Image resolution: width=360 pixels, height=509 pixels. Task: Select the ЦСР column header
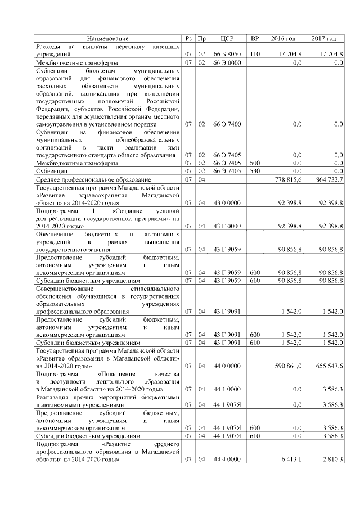tap(227, 38)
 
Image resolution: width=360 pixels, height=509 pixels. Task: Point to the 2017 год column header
tap(323, 38)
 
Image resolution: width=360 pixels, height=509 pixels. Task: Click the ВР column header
tap(254, 38)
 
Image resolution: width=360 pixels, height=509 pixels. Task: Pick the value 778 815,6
tap(289, 179)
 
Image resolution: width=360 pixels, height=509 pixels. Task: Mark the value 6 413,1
tap(292, 459)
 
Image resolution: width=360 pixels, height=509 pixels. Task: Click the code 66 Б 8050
tap(227, 53)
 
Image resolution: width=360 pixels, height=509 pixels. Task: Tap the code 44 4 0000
tap(227, 459)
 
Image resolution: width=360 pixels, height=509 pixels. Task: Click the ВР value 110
tap(254, 53)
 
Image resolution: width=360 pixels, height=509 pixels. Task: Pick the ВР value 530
tap(254, 170)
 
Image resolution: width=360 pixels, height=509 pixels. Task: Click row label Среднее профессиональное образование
tap(88, 179)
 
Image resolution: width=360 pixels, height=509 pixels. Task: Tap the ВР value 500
tap(254, 163)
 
